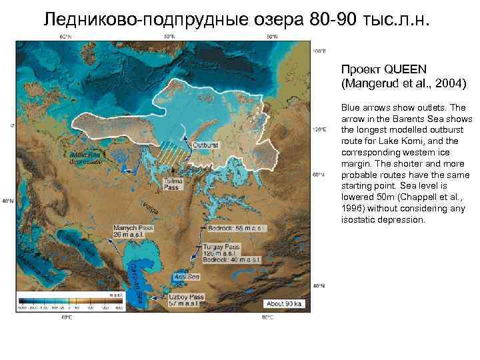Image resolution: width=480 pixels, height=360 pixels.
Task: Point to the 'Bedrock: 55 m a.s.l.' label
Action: (x=237, y=228)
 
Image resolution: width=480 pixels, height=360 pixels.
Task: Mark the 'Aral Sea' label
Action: (x=187, y=276)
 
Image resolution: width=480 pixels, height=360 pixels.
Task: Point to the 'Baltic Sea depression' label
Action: (x=85, y=157)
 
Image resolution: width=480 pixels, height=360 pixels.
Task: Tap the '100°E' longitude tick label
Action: (x=320, y=51)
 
